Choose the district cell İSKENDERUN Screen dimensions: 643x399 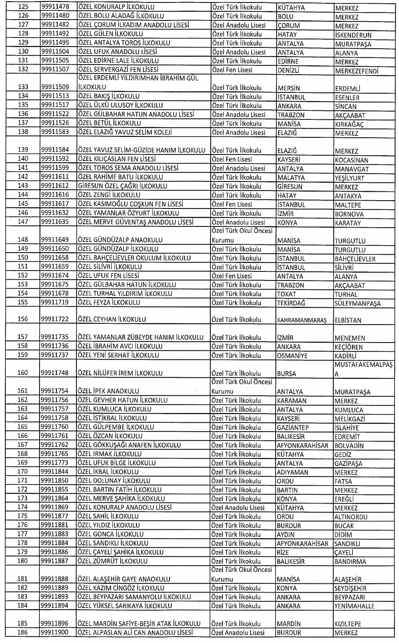pyautogui.click(x=353, y=35)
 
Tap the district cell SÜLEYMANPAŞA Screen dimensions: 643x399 pyautogui.click(x=357, y=303)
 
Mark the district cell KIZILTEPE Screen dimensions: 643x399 pyautogui.click(x=348, y=624)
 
